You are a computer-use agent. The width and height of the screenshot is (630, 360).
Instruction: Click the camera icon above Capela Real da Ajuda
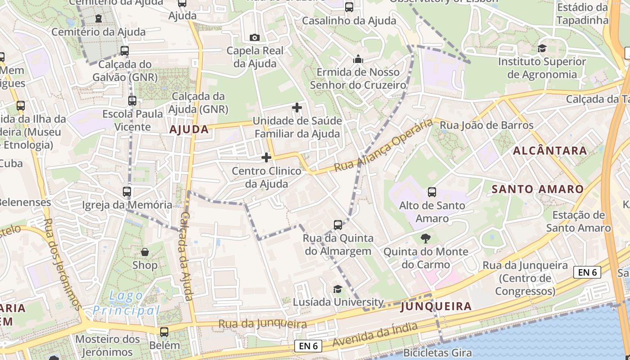point(254,37)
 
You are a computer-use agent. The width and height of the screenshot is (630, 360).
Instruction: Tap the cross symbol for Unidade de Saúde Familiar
point(297,108)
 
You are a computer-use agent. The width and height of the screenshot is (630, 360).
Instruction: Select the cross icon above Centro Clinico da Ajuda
point(266,157)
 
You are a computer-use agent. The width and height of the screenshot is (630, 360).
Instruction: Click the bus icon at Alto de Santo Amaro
point(432,192)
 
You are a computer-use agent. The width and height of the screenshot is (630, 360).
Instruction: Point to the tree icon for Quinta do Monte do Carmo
point(425,238)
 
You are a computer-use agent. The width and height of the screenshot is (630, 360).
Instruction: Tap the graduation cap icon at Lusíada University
point(337,289)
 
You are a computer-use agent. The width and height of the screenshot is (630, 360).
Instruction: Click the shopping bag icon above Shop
point(145,252)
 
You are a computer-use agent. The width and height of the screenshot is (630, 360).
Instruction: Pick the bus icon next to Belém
point(164,332)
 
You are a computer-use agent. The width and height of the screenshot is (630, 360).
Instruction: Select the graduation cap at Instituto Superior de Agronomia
point(542,48)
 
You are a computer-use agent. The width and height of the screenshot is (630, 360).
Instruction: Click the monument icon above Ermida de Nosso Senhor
point(358,59)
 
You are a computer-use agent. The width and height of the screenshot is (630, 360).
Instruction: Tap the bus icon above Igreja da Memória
point(127,192)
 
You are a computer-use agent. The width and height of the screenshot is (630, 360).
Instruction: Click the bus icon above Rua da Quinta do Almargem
point(338,225)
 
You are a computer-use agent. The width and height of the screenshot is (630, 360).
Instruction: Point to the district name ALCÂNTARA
point(550,150)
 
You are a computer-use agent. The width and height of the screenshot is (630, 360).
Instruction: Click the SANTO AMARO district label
point(537,189)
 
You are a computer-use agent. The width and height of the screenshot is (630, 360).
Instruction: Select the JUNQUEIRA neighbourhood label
point(436,306)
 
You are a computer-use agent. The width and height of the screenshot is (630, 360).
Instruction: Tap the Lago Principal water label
point(126,303)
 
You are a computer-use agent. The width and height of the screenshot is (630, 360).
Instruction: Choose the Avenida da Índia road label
point(375,333)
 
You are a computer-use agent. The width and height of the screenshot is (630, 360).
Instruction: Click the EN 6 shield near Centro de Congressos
point(587,272)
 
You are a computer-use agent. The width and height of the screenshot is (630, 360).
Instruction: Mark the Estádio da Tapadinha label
point(582,13)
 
